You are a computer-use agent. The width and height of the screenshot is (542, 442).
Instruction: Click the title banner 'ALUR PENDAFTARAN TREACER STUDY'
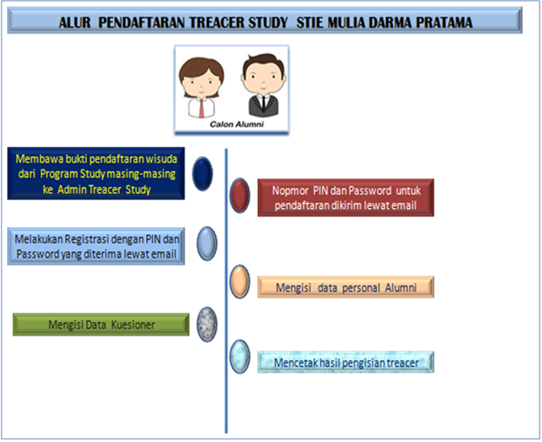click(x=266, y=22)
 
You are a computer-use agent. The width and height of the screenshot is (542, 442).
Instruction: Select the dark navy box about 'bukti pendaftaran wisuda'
click(x=96, y=174)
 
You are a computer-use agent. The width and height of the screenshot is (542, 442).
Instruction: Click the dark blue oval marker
click(x=203, y=173)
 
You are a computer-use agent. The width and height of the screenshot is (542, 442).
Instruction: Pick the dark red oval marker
click(x=240, y=195)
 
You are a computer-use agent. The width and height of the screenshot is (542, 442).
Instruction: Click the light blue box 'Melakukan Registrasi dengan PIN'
click(x=96, y=246)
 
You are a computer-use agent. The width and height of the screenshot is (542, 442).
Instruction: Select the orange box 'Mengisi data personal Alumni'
click(x=345, y=287)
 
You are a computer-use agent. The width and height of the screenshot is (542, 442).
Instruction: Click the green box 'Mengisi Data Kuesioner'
click(x=101, y=325)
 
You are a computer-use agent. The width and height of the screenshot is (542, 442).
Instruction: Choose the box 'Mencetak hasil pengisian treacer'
click(x=345, y=362)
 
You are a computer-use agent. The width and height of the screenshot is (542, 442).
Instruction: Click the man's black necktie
click(x=257, y=102)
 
